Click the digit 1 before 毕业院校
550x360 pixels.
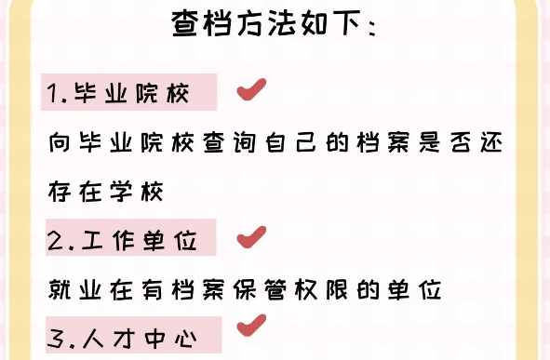tap(52, 95)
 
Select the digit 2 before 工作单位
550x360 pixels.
tap(53, 242)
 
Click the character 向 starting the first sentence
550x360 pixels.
tap(58, 145)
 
